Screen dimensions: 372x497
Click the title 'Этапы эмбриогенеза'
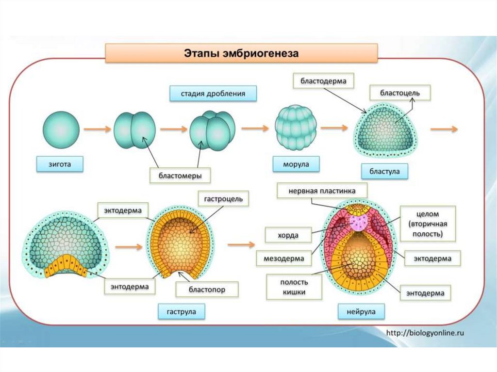coord(241,53)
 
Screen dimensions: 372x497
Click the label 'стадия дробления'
coord(213,93)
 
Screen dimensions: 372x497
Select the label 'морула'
coord(297,164)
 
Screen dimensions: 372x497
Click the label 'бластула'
coord(384,172)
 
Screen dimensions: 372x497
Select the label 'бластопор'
coord(207,290)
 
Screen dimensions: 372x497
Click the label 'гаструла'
coord(182,311)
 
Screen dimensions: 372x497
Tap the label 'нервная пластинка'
coord(322,191)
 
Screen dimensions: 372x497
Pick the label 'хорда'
coord(288,236)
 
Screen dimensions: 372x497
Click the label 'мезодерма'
coord(283,259)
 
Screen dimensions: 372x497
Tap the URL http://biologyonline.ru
coord(425,333)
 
